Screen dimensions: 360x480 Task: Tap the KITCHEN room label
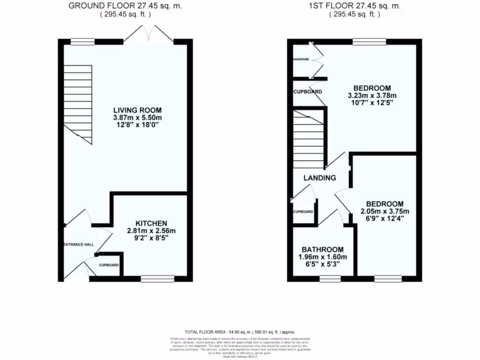151,223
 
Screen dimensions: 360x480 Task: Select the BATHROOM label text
322,249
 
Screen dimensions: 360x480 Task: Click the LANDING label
320,178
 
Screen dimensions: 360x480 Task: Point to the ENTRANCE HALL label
79,245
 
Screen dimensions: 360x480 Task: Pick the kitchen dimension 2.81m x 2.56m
151,231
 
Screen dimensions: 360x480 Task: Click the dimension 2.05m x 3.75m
384,211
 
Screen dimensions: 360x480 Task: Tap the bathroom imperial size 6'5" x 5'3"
322,264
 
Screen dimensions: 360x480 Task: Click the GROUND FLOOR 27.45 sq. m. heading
125,6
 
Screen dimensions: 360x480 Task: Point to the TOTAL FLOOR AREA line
240,331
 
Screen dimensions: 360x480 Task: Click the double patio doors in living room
149,35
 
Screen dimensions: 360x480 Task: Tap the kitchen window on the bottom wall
157,279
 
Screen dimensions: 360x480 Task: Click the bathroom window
330,279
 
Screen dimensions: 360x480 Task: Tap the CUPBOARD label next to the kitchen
109,265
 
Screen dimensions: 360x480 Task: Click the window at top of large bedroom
369,42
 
